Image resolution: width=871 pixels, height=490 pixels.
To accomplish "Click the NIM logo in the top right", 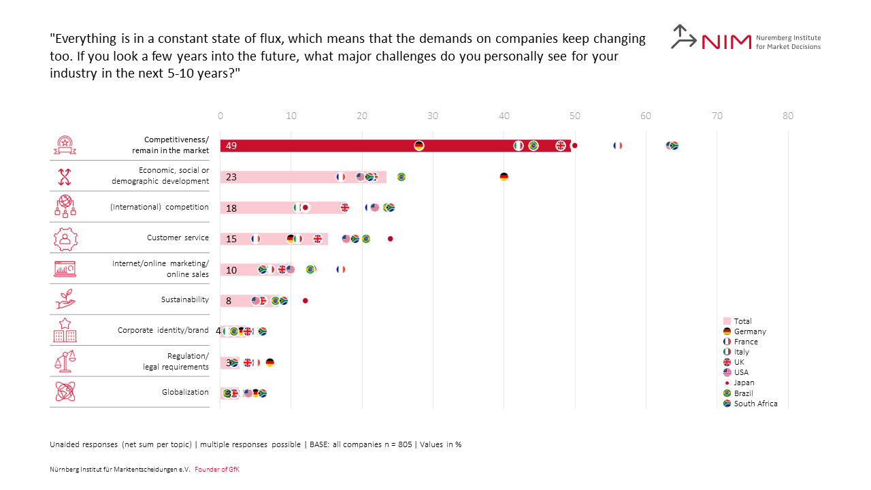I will click(x=745, y=39).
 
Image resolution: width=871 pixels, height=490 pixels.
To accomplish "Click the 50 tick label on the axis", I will click(x=575, y=116).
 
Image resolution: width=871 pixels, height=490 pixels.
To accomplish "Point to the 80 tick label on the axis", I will click(x=788, y=116).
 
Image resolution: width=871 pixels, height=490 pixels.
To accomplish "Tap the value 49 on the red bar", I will click(x=231, y=146).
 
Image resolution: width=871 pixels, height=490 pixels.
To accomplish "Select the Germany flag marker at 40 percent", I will click(x=504, y=177).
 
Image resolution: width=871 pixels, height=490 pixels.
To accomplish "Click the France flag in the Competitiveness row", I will click(x=617, y=146).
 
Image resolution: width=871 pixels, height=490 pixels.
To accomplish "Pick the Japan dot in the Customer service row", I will click(x=390, y=239).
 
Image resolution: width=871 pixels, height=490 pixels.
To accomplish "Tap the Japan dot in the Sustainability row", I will click(x=305, y=301).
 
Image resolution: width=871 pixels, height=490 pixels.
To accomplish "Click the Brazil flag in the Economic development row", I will click(x=401, y=177).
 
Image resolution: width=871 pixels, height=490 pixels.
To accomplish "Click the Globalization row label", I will click(x=185, y=392).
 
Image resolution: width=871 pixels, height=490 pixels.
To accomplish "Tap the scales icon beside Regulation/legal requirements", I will click(x=65, y=361).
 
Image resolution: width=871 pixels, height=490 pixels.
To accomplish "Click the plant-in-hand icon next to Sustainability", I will click(x=65, y=299).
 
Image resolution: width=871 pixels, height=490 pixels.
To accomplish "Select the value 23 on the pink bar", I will click(x=231, y=177).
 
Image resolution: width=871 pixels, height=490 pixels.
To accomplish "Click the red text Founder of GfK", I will click(x=217, y=470).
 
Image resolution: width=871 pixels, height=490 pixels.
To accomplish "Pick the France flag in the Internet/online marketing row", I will click(x=340, y=269).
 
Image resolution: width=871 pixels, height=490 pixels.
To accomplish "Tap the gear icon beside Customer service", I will click(x=65, y=238).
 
